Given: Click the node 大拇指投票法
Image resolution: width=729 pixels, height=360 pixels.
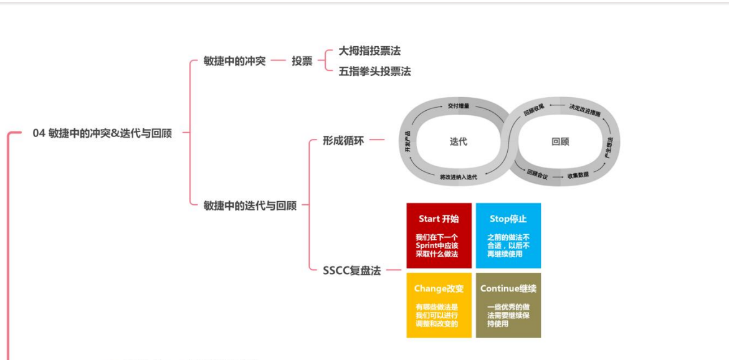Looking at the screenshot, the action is [369, 51].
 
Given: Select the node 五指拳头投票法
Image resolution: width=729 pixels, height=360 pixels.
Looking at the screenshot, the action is [374, 71].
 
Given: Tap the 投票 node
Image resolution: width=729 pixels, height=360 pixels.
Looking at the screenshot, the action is [302, 61].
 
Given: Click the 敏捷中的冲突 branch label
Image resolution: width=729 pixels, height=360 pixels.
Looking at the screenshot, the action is [234, 61].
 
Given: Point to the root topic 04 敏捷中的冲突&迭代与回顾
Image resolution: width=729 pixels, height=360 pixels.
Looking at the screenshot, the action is [102, 133].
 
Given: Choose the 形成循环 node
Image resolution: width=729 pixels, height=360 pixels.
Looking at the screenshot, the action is [343, 140].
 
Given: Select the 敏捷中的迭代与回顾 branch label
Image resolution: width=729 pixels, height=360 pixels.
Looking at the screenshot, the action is [250, 205].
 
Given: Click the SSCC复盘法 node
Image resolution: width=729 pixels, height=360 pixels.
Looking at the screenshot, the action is [351, 271].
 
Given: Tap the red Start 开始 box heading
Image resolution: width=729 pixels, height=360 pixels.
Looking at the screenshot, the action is [439, 219].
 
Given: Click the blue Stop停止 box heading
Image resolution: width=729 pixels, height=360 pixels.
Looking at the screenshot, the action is [508, 219].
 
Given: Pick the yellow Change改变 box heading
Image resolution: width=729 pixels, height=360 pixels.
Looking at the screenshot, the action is [439, 288].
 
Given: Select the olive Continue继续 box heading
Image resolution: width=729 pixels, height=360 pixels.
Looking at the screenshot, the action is [508, 288].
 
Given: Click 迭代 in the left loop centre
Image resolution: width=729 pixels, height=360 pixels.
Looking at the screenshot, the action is [458, 141].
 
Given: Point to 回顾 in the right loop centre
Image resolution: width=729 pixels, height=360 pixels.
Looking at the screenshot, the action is [560, 141].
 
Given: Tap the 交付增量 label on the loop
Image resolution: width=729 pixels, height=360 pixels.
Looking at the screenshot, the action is [459, 107].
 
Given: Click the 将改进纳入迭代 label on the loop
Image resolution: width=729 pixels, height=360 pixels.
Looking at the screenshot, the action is [458, 177].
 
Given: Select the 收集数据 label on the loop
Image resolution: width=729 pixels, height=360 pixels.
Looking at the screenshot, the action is [578, 176].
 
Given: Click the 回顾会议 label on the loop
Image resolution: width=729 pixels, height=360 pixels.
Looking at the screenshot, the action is [537, 175].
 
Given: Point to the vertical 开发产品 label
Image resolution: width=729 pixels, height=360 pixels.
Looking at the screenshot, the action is [407, 141].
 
